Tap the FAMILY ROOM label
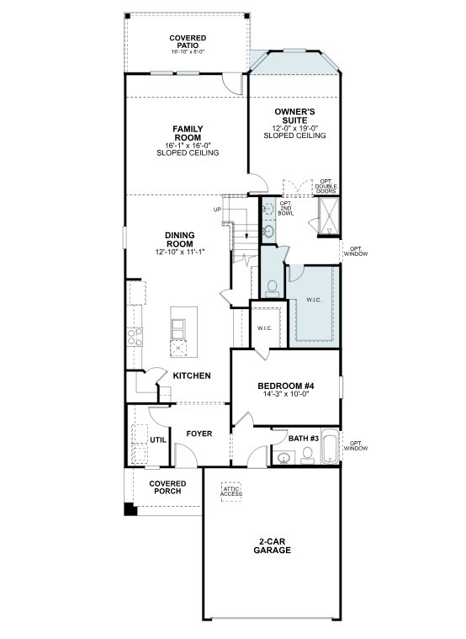tap(188, 134)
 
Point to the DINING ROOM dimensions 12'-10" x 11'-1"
tap(180, 252)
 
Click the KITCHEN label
tap(192, 375)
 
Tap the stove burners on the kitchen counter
tap(134, 337)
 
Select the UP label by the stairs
tap(217, 209)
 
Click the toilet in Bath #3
tap(307, 455)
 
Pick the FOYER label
tap(199, 434)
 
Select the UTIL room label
tap(158, 439)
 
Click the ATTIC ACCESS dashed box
tap(232, 491)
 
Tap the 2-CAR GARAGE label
tap(272, 545)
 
